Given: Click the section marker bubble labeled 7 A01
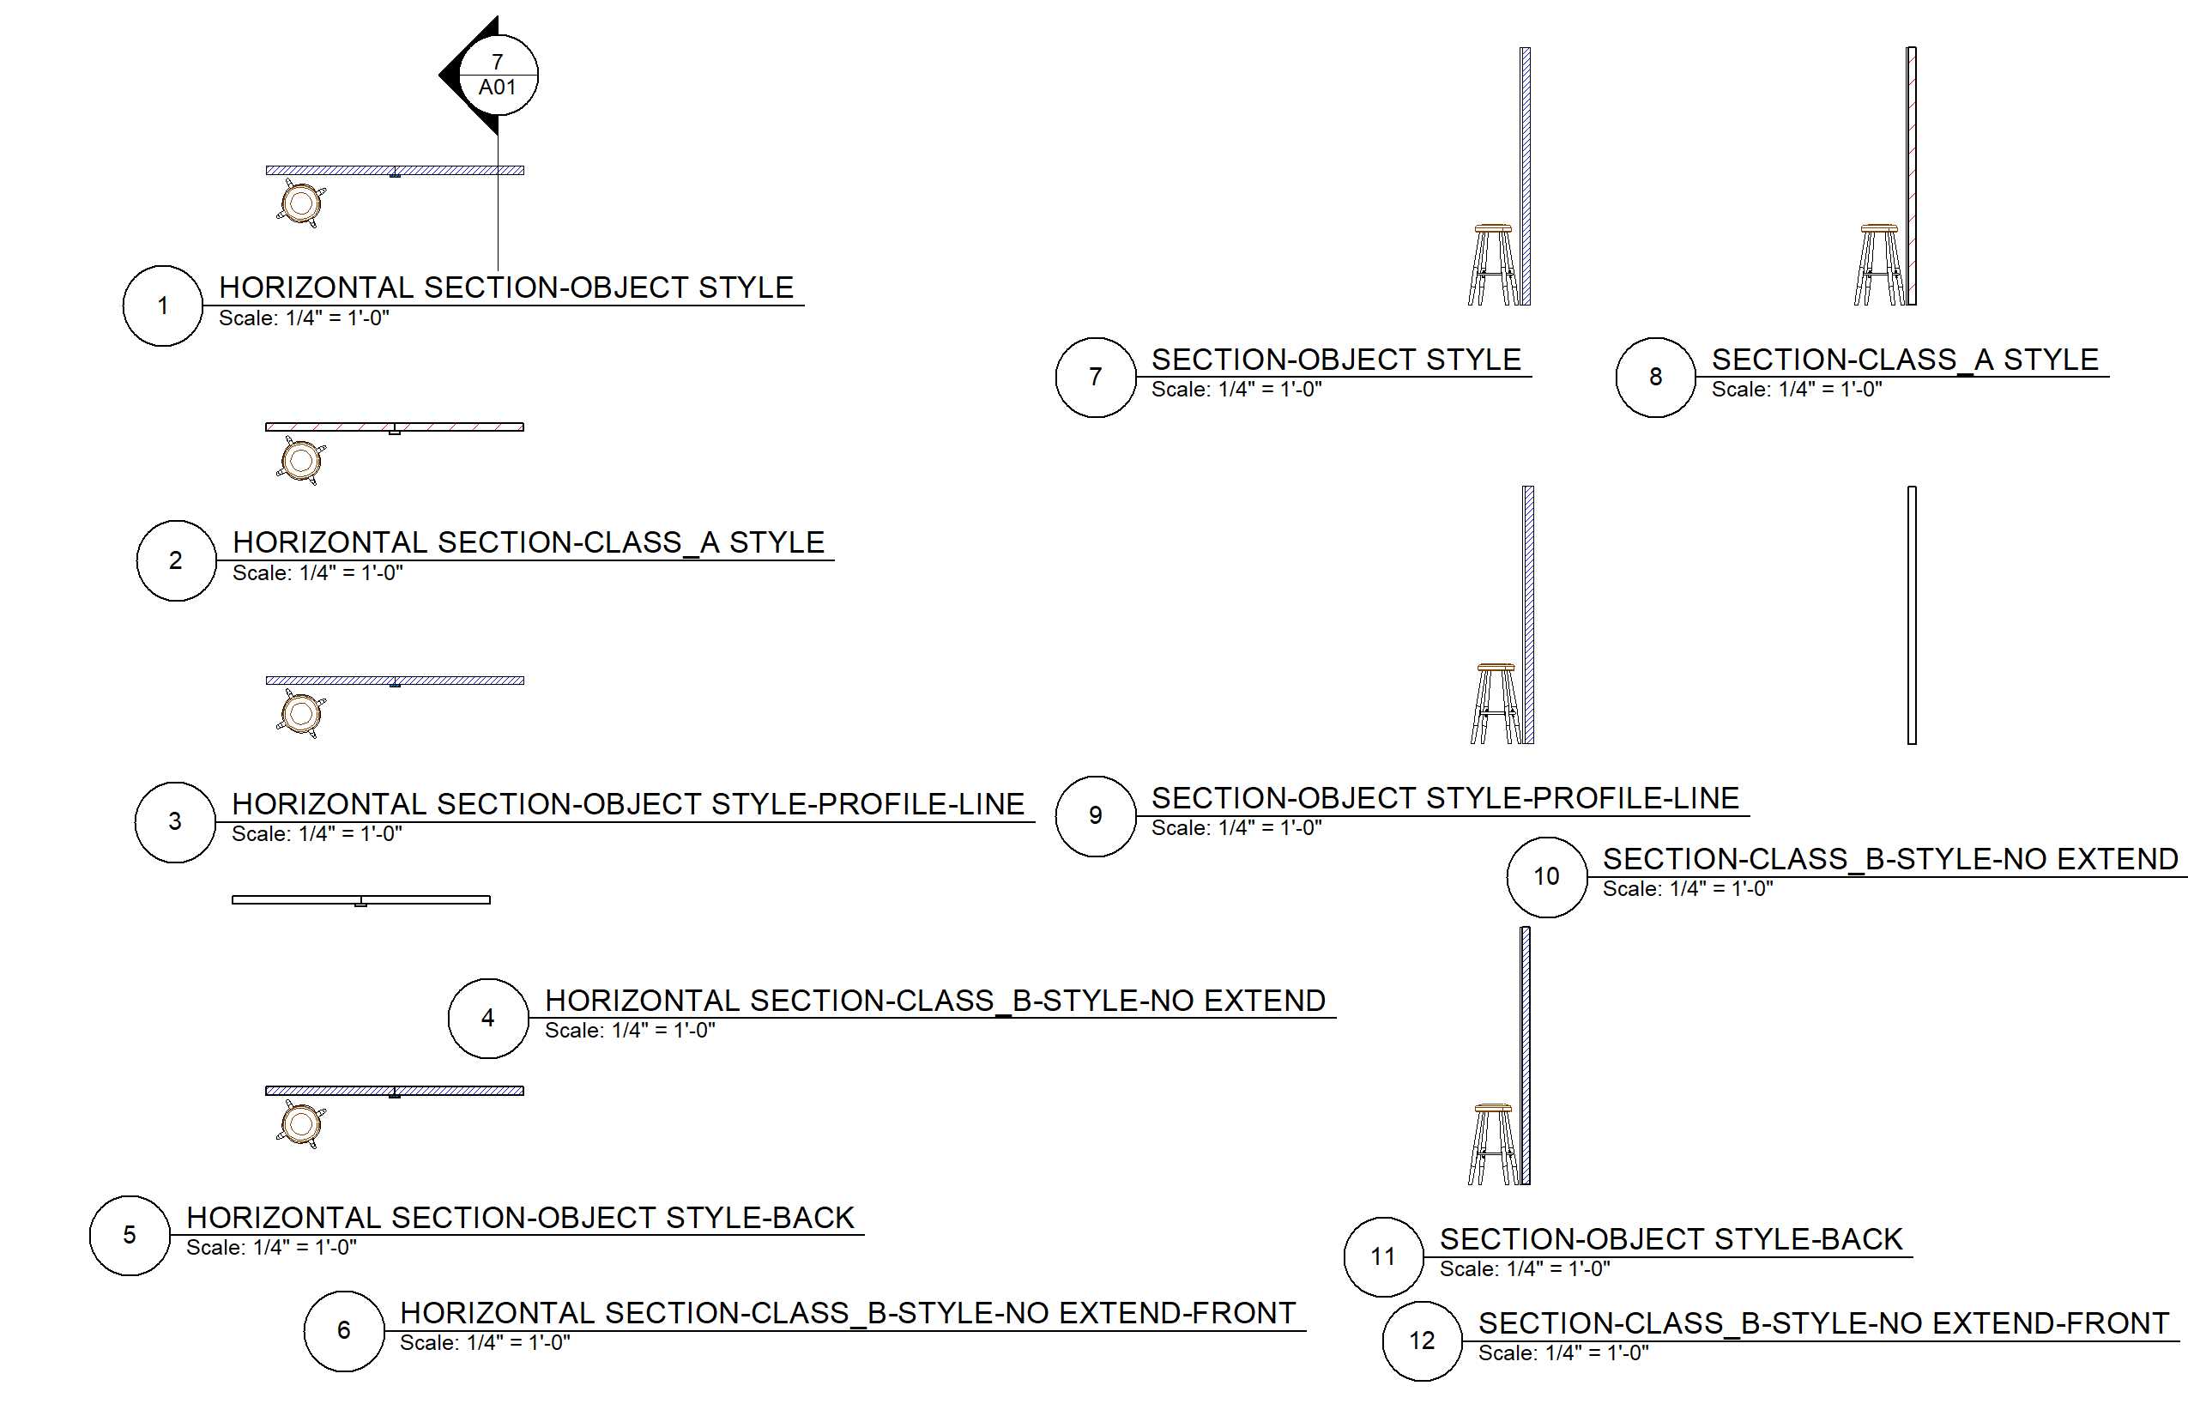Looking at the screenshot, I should pos(498,76).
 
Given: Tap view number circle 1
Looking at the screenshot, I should pos(163,306).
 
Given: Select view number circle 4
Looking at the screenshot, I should pos(488,1018).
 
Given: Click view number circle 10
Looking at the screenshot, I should pos(1546,876).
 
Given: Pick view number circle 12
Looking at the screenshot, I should pos(1423,1340).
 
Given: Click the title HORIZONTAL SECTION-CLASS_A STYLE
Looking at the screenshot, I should pos(529,542).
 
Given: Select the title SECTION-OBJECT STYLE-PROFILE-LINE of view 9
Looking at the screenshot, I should pos(1445,798).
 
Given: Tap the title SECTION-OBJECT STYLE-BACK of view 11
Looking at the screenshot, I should pos(1671,1239).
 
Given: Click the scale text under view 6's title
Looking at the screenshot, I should pos(485,1343).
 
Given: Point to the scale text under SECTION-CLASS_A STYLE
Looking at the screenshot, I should pos(1797,390).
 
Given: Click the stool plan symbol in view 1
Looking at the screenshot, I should pos(300,203).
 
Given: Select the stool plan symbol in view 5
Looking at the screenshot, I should pos(300,1123).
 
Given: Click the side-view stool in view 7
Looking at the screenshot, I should pos(1493,265).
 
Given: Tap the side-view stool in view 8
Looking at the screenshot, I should pos(1879,265).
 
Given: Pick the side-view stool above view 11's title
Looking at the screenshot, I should pos(1493,1144).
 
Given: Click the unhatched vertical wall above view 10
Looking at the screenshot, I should pos(1912,615).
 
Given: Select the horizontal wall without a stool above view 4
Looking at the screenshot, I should pos(360,899).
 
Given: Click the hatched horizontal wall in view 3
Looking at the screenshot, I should pos(395,681).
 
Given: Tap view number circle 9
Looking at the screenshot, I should pos(1095,816).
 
